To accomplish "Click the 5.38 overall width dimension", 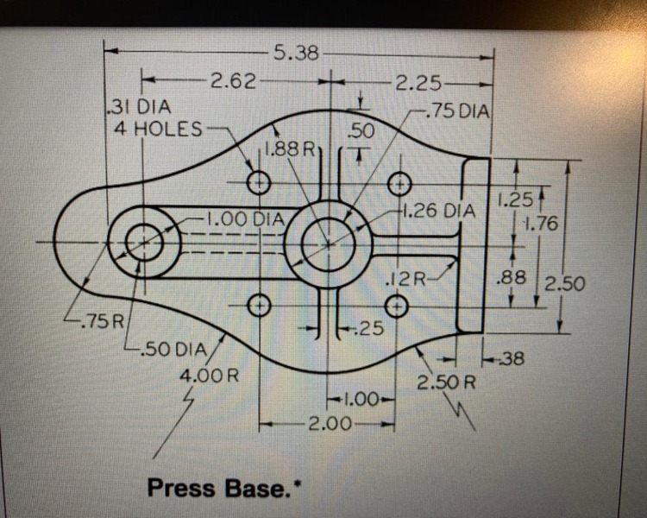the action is point(296,53).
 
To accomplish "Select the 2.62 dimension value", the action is point(233,81).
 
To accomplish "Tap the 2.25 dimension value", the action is point(418,84).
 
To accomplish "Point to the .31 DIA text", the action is point(138,107).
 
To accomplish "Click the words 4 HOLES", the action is point(158,129).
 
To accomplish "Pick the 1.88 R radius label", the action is point(289,148).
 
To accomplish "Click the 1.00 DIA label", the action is point(246,219).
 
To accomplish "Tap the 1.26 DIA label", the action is point(438,211).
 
